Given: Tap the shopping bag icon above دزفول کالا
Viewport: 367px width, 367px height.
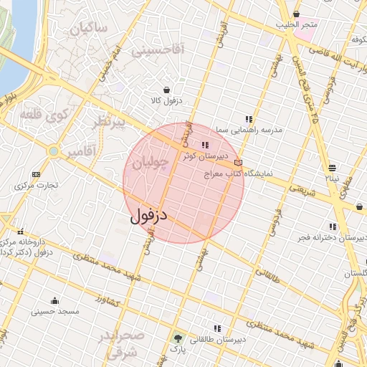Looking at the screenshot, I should [x=167, y=90].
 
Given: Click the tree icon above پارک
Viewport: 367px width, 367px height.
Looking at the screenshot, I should [x=176, y=338].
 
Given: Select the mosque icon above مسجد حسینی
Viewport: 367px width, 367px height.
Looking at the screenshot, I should [x=55, y=300].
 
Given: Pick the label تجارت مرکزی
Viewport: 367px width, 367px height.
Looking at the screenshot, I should [x=39, y=186].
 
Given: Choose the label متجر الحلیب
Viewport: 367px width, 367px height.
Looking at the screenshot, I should [x=298, y=25].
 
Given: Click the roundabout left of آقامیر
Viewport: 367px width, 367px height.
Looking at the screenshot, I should [x=54, y=152].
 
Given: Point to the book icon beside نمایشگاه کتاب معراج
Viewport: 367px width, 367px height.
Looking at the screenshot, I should [x=238, y=163].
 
